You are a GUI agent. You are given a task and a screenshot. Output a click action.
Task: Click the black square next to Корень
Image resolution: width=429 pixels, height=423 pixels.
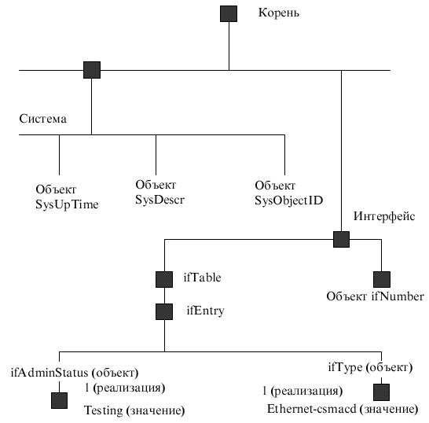pos(229,13)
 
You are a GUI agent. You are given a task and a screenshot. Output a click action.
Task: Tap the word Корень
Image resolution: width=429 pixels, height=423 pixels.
pos(278,13)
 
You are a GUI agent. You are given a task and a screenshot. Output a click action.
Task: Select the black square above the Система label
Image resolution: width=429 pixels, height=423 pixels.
pos(92,70)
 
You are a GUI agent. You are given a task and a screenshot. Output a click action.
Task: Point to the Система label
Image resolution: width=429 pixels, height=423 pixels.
pos(42,119)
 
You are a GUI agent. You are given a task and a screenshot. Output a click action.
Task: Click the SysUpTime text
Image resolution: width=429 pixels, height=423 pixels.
pos(67,204)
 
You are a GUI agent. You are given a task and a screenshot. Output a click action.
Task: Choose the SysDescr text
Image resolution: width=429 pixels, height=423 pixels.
pos(159,200)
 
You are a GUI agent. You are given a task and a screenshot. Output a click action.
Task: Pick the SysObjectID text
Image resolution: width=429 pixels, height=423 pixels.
pos(288,200)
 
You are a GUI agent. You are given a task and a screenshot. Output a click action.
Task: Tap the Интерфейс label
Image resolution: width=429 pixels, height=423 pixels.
pos(384,216)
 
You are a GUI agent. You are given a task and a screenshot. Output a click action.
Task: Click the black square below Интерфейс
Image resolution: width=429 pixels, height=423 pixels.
pos(341,239)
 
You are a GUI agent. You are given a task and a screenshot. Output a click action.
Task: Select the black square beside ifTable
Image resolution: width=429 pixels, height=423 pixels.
pos(164,280)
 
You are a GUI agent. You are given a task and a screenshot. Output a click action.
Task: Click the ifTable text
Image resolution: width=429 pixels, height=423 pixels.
pos(202,278)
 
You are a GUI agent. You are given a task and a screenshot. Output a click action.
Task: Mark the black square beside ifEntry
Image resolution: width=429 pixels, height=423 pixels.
pos(164,311)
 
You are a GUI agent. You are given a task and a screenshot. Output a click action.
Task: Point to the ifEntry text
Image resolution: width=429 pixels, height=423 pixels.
pos(205,311)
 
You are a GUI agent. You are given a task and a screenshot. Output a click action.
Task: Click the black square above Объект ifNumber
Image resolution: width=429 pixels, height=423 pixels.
pos(382,280)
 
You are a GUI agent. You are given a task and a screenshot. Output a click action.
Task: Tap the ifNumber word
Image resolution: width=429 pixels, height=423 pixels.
pos(398,296)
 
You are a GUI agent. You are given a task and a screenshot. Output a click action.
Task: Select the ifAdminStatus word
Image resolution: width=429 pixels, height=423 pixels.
pos(49,373)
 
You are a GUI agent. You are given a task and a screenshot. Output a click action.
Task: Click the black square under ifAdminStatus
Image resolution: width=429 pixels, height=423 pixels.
pos(59,400)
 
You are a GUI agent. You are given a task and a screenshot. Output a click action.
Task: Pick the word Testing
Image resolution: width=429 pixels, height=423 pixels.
pos(104,410)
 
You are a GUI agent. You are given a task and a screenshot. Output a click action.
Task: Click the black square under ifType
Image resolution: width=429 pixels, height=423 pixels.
pos(381,392)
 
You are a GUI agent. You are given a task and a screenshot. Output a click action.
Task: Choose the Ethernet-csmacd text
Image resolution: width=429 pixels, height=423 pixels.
pos(312,409)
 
